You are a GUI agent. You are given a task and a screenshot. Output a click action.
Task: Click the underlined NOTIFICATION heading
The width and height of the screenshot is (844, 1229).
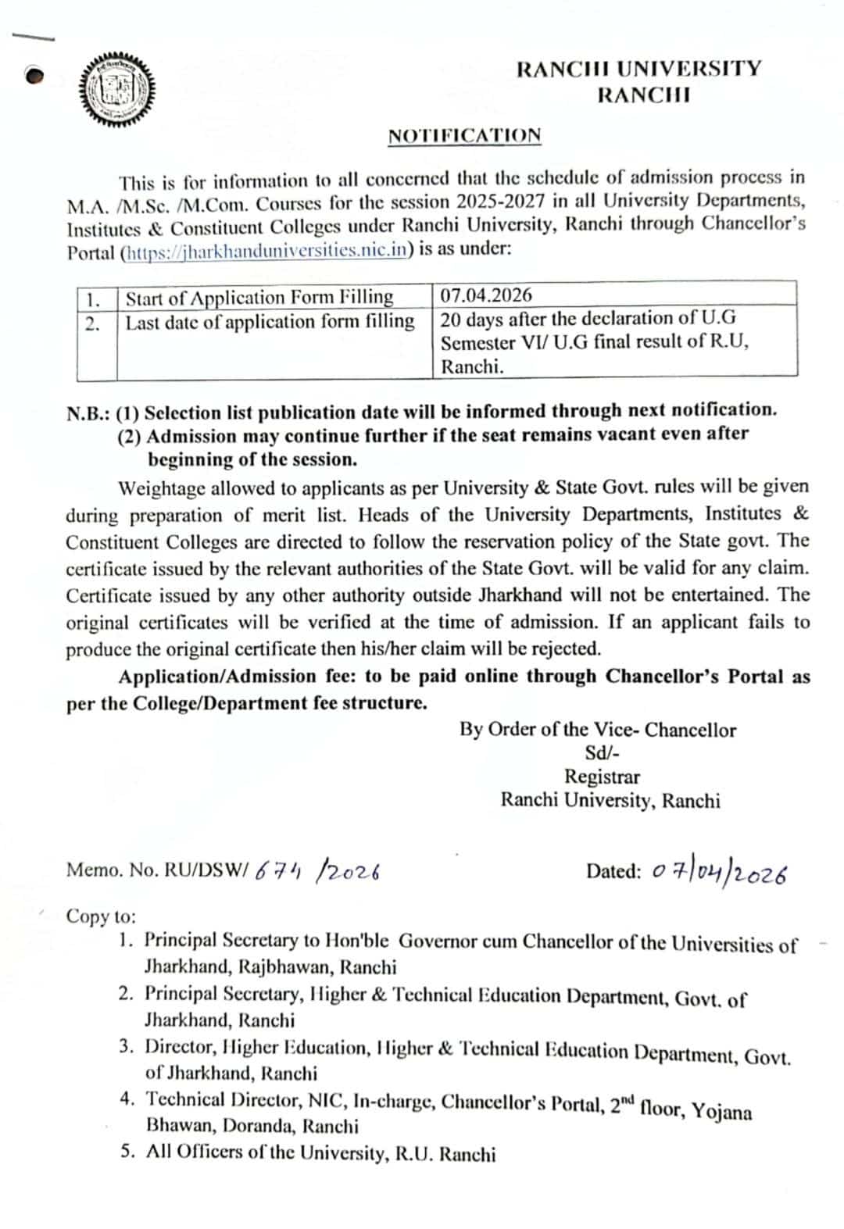(464, 136)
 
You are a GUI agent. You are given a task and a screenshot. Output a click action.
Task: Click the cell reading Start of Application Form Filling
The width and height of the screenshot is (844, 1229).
(259, 298)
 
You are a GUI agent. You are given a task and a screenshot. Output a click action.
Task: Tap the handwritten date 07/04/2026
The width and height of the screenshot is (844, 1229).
(719, 873)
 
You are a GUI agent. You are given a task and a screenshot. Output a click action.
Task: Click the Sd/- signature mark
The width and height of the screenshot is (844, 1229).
(603, 753)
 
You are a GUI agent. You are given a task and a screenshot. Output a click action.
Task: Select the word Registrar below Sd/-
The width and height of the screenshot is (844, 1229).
(603, 777)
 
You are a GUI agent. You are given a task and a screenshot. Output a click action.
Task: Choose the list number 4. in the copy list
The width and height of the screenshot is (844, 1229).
(128, 1099)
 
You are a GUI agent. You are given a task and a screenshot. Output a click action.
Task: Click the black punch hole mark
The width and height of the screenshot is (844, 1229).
(34, 76)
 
